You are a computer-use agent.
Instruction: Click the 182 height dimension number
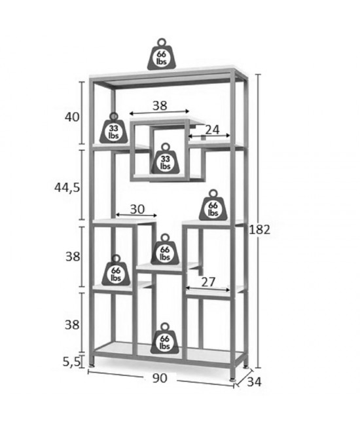tap(259, 229)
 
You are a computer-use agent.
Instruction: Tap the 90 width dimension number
tap(160, 378)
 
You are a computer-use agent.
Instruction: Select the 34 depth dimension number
tap(254, 382)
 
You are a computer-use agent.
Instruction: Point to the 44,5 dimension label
tap(67, 188)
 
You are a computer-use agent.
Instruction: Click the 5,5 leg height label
tap(72, 362)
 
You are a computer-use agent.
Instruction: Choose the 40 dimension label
tap(72, 117)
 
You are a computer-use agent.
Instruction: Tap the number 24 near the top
tap(212, 129)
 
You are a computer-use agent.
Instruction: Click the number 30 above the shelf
tap(137, 210)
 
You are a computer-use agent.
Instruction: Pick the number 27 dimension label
tap(207, 282)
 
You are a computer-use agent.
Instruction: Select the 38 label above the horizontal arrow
tap(160, 105)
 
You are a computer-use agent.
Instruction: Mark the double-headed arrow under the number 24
tap(209, 136)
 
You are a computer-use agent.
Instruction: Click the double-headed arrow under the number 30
tap(136, 215)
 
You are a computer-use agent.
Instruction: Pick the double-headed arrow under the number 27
tap(208, 289)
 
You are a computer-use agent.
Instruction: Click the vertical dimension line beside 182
tap(258, 221)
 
